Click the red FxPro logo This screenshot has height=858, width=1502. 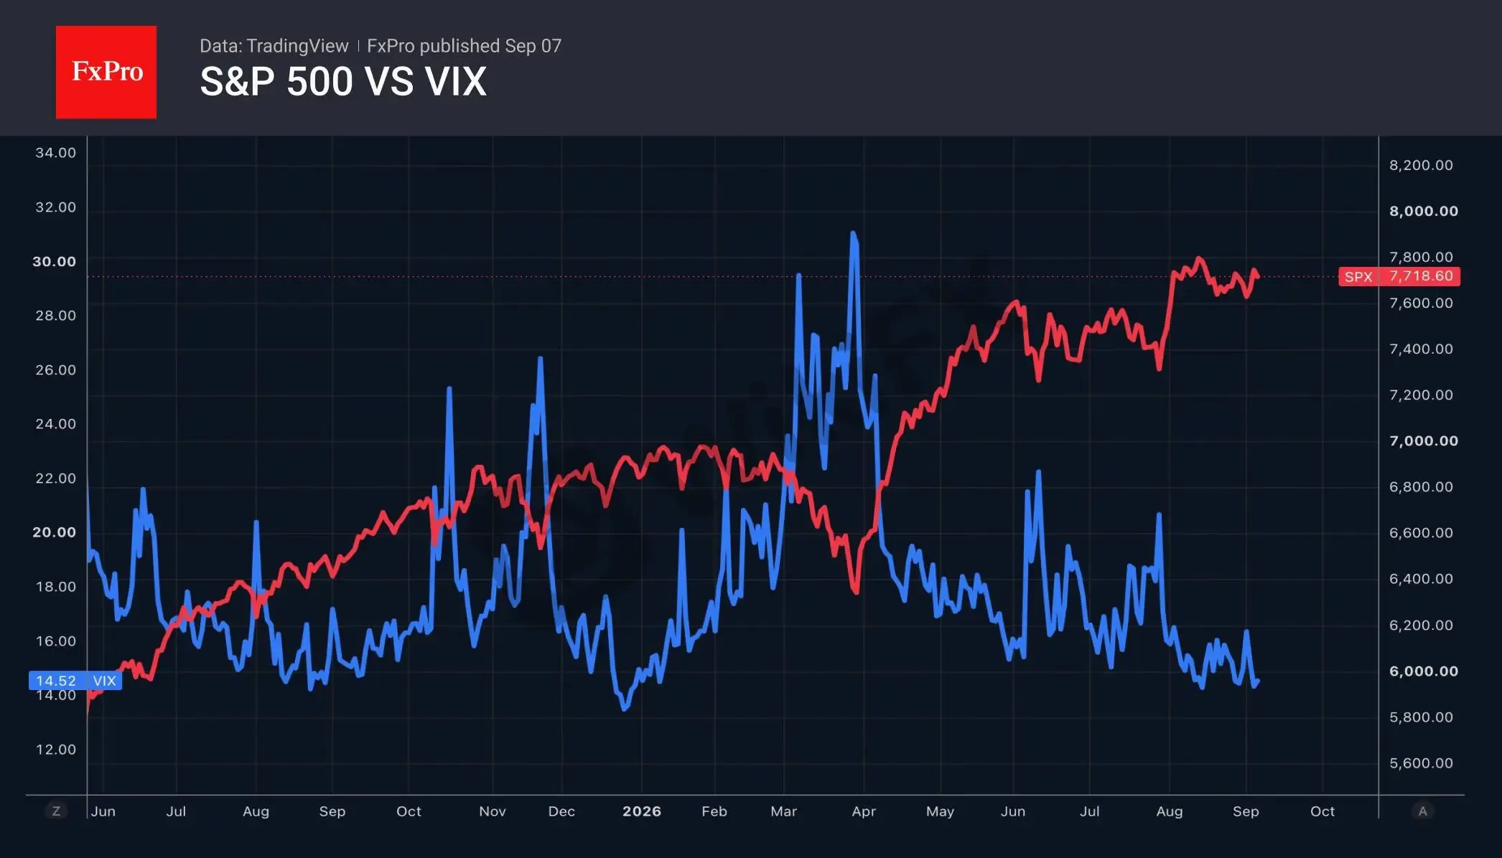106,72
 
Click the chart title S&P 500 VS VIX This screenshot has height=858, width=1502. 343,81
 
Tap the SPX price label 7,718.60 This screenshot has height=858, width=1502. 1399,276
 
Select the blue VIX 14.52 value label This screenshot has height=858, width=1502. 75,680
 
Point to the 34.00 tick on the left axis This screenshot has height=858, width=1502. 55,153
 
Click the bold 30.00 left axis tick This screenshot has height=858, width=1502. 54,261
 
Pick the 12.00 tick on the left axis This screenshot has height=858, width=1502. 55,749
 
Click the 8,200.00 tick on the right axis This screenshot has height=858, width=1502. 1421,165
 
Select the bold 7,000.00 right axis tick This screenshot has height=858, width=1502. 1424,440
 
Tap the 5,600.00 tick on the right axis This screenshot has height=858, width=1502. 1421,763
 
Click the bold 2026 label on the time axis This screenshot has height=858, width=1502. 641,811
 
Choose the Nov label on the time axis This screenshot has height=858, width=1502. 492,811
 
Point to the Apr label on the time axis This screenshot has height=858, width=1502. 863,811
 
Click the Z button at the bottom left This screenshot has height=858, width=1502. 56,811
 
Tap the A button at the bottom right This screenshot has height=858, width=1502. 1422,811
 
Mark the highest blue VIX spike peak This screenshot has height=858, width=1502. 853,232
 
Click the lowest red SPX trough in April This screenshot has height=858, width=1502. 857,592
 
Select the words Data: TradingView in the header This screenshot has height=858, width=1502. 274,46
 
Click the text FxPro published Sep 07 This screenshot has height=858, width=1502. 464,46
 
